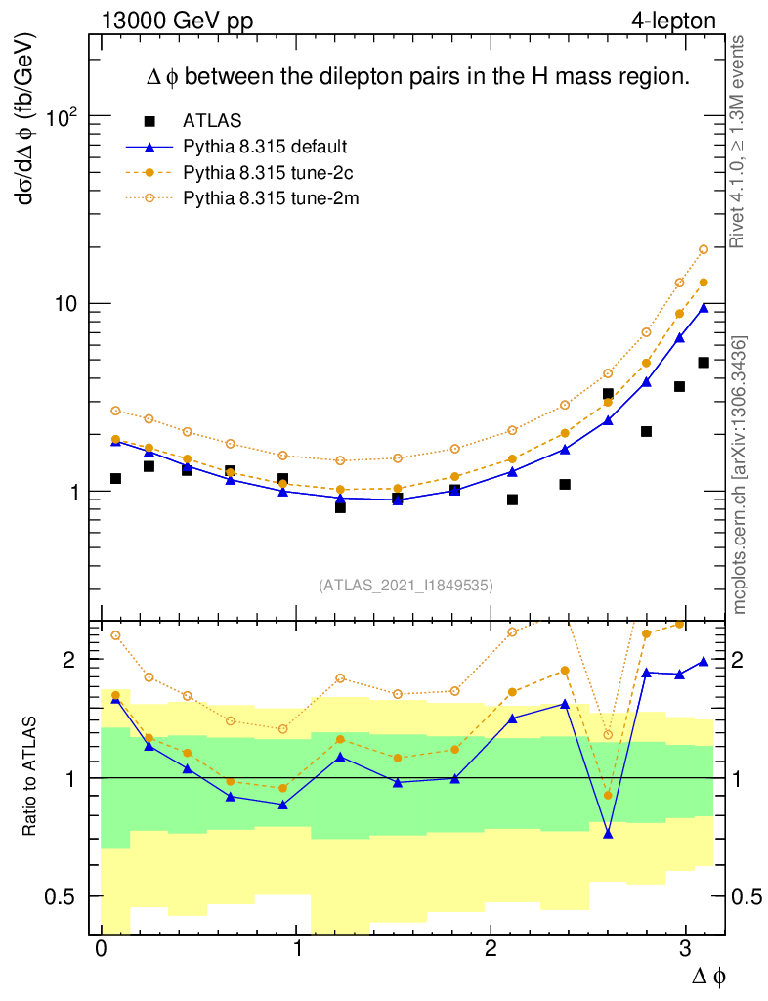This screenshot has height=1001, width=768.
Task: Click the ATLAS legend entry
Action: tap(205, 121)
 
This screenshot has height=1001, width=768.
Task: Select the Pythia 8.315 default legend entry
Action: tap(265, 147)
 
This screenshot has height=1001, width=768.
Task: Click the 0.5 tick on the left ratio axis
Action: tap(63, 896)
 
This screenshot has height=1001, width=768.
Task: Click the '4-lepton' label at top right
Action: tap(673, 20)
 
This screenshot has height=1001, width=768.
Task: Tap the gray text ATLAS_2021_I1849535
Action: tap(405, 586)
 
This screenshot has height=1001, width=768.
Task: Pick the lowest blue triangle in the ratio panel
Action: tap(608, 834)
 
